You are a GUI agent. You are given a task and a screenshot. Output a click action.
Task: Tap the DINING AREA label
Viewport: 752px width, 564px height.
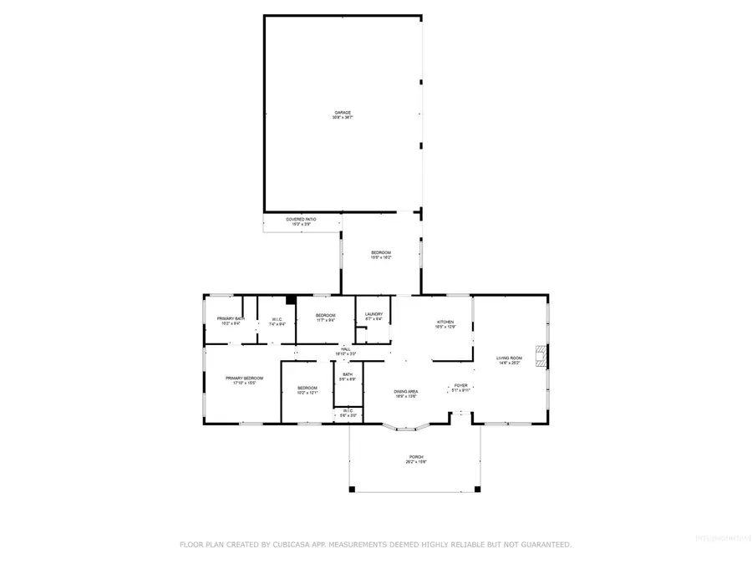pos(406,393)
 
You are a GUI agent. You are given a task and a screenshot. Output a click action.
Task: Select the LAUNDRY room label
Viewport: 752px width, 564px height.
pos(373,316)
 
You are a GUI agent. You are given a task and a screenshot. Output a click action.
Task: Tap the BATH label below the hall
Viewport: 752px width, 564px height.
pos(347,376)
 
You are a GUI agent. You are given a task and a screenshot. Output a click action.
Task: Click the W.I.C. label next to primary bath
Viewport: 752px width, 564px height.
pos(277,321)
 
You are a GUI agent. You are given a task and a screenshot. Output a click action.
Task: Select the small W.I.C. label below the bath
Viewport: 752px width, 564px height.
pos(347,412)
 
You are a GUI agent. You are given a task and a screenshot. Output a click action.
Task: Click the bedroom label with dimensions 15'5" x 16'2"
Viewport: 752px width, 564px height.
pos(380,254)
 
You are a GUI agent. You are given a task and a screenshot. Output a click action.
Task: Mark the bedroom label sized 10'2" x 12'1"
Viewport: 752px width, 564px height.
pos(307,389)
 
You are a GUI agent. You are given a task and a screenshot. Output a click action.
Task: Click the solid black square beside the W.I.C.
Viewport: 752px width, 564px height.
pos(291,301)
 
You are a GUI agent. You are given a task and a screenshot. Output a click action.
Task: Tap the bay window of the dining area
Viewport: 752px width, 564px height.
pos(407,429)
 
